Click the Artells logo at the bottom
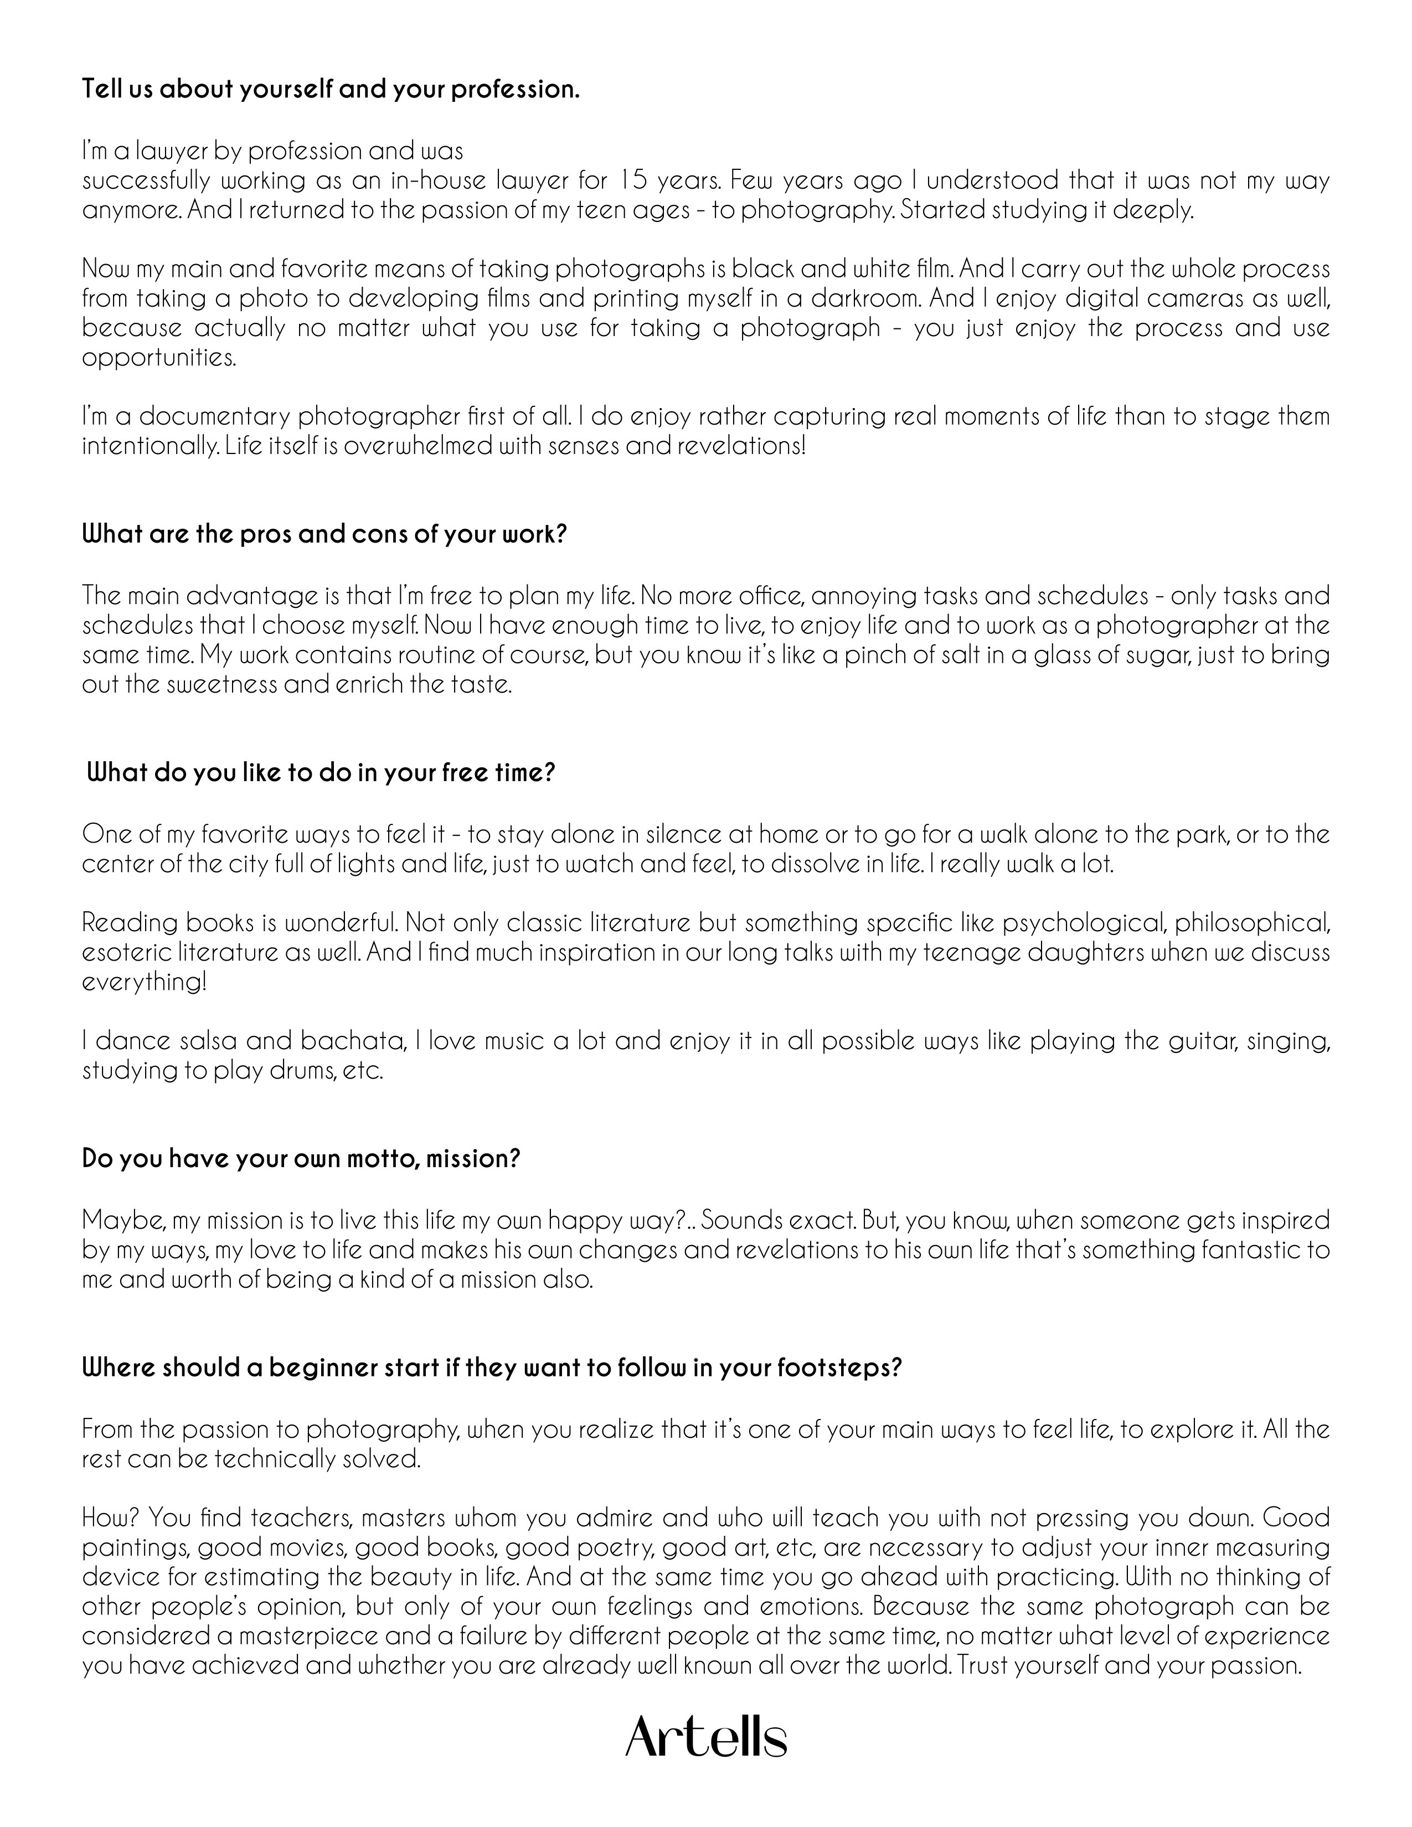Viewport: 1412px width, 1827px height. point(706,1737)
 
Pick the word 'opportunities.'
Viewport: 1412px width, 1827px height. point(159,357)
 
